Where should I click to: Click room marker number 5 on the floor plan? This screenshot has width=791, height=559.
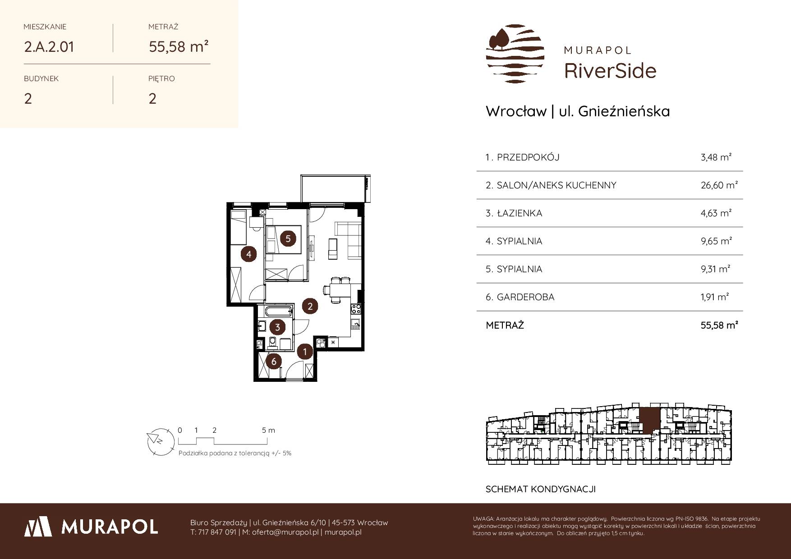[288, 238]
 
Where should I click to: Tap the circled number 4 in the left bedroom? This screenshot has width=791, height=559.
[248, 255]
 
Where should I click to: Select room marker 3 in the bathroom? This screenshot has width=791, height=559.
[277, 327]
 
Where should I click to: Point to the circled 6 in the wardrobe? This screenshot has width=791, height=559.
[273, 361]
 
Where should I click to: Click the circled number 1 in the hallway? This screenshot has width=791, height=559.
[305, 351]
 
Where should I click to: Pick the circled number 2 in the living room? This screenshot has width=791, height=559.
[310, 306]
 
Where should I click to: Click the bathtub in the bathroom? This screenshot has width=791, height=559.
[278, 311]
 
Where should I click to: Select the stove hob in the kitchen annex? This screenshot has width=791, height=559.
[356, 309]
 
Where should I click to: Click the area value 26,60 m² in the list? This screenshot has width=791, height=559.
[719, 185]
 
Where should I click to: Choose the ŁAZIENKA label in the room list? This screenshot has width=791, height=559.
[520, 213]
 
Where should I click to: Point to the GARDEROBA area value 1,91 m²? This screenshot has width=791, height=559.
[715, 297]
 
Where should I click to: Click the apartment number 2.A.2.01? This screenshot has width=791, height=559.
[49, 47]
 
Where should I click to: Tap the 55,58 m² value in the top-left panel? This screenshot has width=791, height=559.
[179, 46]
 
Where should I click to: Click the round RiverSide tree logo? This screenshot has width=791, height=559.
[515, 54]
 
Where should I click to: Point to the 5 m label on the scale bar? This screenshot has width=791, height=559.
[268, 431]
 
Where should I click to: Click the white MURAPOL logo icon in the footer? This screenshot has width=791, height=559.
[37, 527]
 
